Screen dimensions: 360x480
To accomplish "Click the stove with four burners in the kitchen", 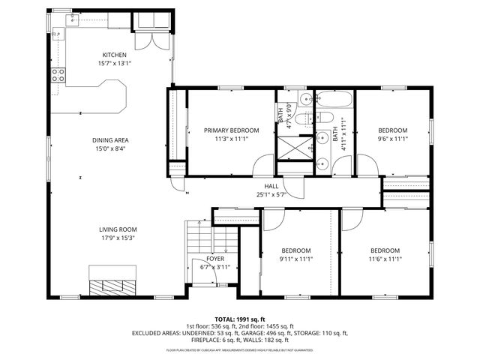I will [58, 74].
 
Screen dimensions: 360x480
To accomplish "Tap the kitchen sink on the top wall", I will [76, 19].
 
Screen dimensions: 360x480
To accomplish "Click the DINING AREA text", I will [111, 140].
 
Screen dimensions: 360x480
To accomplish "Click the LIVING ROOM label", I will [118, 230].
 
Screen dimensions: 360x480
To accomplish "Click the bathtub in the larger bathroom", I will [331, 100].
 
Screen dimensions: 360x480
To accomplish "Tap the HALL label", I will [271, 186].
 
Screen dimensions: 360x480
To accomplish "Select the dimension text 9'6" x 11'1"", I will [392, 138].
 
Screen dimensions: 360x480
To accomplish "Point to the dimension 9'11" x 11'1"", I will [296, 259].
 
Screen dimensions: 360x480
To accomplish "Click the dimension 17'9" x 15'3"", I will [118, 238].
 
